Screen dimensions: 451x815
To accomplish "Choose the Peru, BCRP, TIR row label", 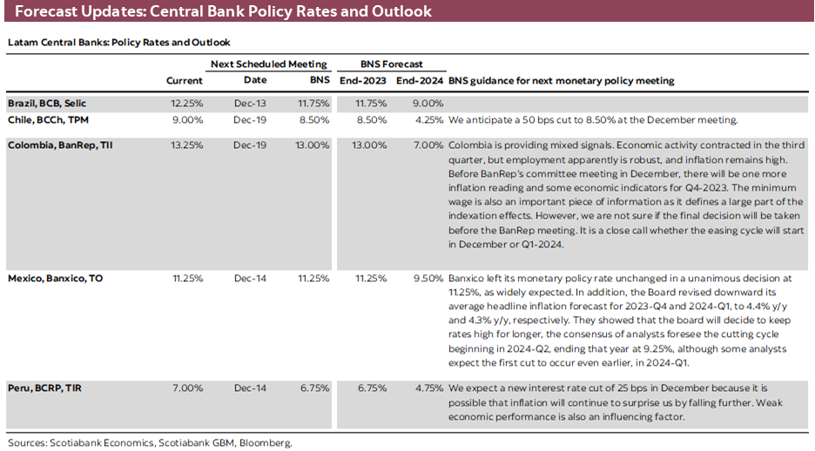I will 43,387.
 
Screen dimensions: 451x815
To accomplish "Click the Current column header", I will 185,81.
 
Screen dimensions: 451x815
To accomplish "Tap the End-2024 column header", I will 420,81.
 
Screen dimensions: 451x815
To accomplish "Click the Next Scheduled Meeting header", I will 269,64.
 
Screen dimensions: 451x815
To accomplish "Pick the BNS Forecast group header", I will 392,64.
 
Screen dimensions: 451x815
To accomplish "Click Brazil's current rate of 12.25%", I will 186,103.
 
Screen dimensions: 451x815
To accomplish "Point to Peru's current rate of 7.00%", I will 189,387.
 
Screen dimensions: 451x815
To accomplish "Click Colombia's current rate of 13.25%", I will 186,145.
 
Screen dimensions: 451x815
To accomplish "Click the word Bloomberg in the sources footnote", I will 266,442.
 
